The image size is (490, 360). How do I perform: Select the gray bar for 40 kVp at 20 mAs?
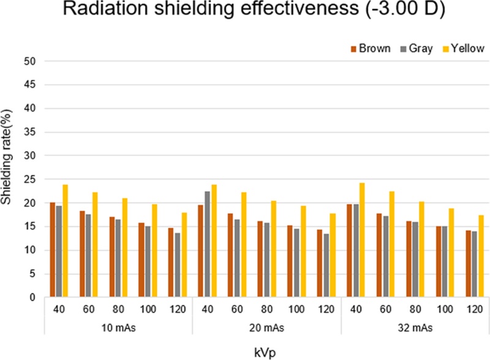(x=208, y=244)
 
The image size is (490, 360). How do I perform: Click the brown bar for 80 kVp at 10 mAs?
(x=112, y=257)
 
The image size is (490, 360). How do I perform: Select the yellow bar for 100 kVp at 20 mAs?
(x=304, y=252)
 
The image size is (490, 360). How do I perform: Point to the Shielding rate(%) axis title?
(x=9, y=179)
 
